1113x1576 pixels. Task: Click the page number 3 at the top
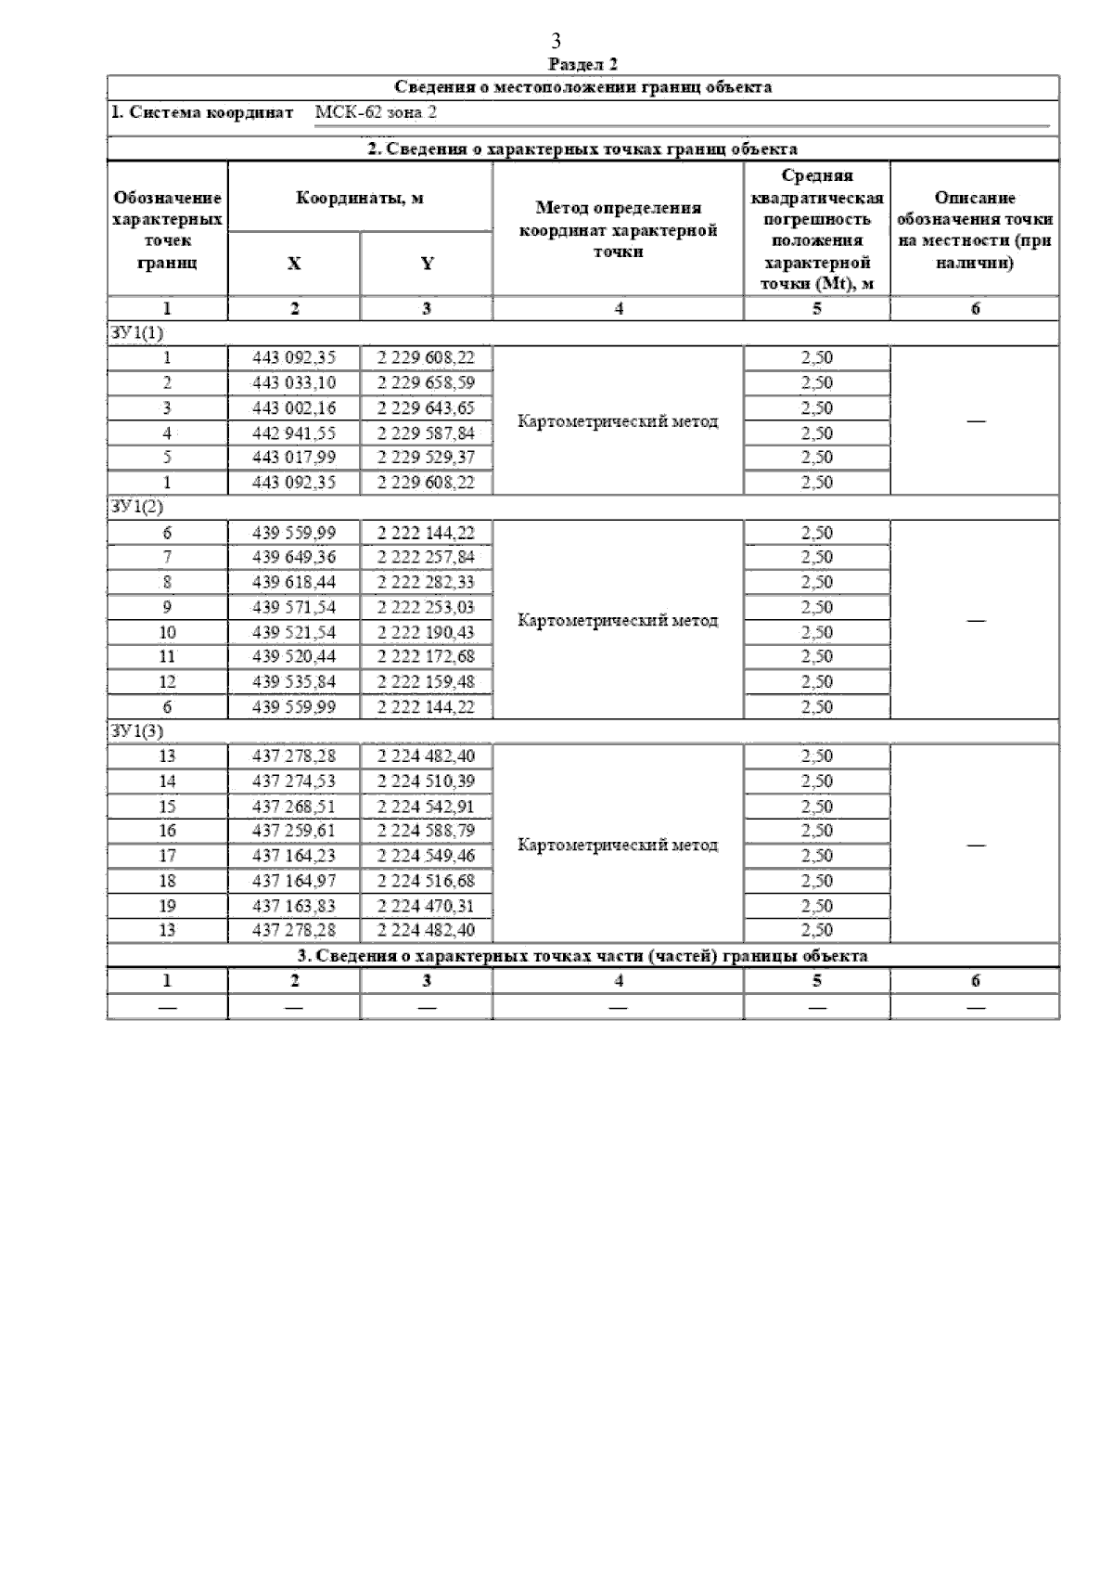pyautogui.click(x=556, y=40)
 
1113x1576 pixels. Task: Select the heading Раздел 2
pyautogui.click(x=582, y=64)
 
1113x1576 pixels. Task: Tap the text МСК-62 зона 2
pyautogui.click(x=376, y=112)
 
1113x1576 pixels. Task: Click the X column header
pyautogui.click(x=294, y=264)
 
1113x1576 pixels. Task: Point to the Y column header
pyautogui.click(x=427, y=264)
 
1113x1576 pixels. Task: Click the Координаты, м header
pyautogui.click(x=360, y=198)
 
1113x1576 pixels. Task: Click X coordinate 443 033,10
pyautogui.click(x=294, y=382)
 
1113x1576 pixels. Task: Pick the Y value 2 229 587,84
pyautogui.click(x=427, y=433)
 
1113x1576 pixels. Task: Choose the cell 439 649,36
pyautogui.click(x=294, y=557)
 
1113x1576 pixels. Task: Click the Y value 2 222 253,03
pyautogui.click(x=427, y=607)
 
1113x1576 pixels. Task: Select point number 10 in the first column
pyautogui.click(x=167, y=632)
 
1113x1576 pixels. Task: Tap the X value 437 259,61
pyautogui.click(x=294, y=831)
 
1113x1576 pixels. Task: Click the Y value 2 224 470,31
pyautogui.click(x=427, y=906)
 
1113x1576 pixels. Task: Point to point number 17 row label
pyautogui.click(x=167, y=856)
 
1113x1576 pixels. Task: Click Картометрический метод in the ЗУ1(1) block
pyautogui.click(x=618, y=421)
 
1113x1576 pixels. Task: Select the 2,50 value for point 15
pyautogui.click(x=816, y=807)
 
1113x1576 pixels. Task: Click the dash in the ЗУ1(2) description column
pyautogui.click(x=975, y=621)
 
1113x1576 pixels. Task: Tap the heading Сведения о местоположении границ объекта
pyautogui.click(x=582, y=87)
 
